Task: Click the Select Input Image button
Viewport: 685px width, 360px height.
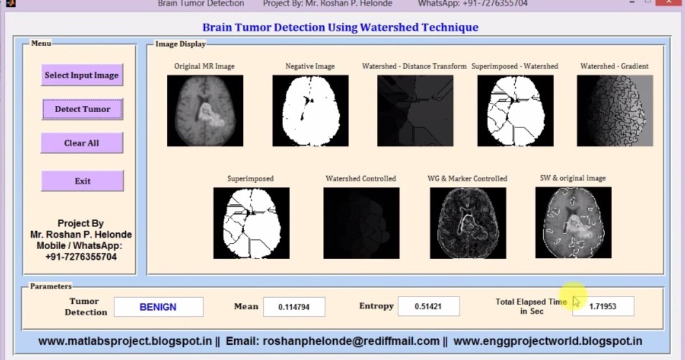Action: click(82, 75)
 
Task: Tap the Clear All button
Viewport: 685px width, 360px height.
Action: click(82, 143)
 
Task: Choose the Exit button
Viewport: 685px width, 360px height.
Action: click(82, 181)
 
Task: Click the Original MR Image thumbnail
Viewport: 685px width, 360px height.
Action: click(205, 111)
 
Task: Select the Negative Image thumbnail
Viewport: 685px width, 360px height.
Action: click(310, 111)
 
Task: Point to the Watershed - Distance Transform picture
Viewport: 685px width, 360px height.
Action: click(415, 111)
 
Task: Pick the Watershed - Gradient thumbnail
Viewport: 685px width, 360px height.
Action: click(615, 111)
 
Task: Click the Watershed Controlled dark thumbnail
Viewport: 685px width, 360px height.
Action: click(361, 223)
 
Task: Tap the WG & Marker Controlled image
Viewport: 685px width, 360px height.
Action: click(468, 223)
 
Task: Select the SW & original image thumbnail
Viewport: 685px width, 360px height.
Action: click(573, 223)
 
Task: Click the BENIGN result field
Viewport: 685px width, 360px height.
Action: click(159, 307)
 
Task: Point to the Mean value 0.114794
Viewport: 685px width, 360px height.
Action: click(294, 307)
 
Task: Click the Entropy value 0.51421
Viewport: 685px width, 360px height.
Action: click(428, 307)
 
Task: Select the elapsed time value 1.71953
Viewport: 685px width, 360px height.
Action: click(603, 307)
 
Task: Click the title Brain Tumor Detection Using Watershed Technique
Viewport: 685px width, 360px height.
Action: click(340, 28)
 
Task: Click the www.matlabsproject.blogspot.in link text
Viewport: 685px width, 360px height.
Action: click(125, 341)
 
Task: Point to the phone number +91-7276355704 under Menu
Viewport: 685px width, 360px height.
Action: click(81, 257)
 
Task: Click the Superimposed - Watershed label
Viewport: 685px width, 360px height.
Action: click(514, 66)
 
